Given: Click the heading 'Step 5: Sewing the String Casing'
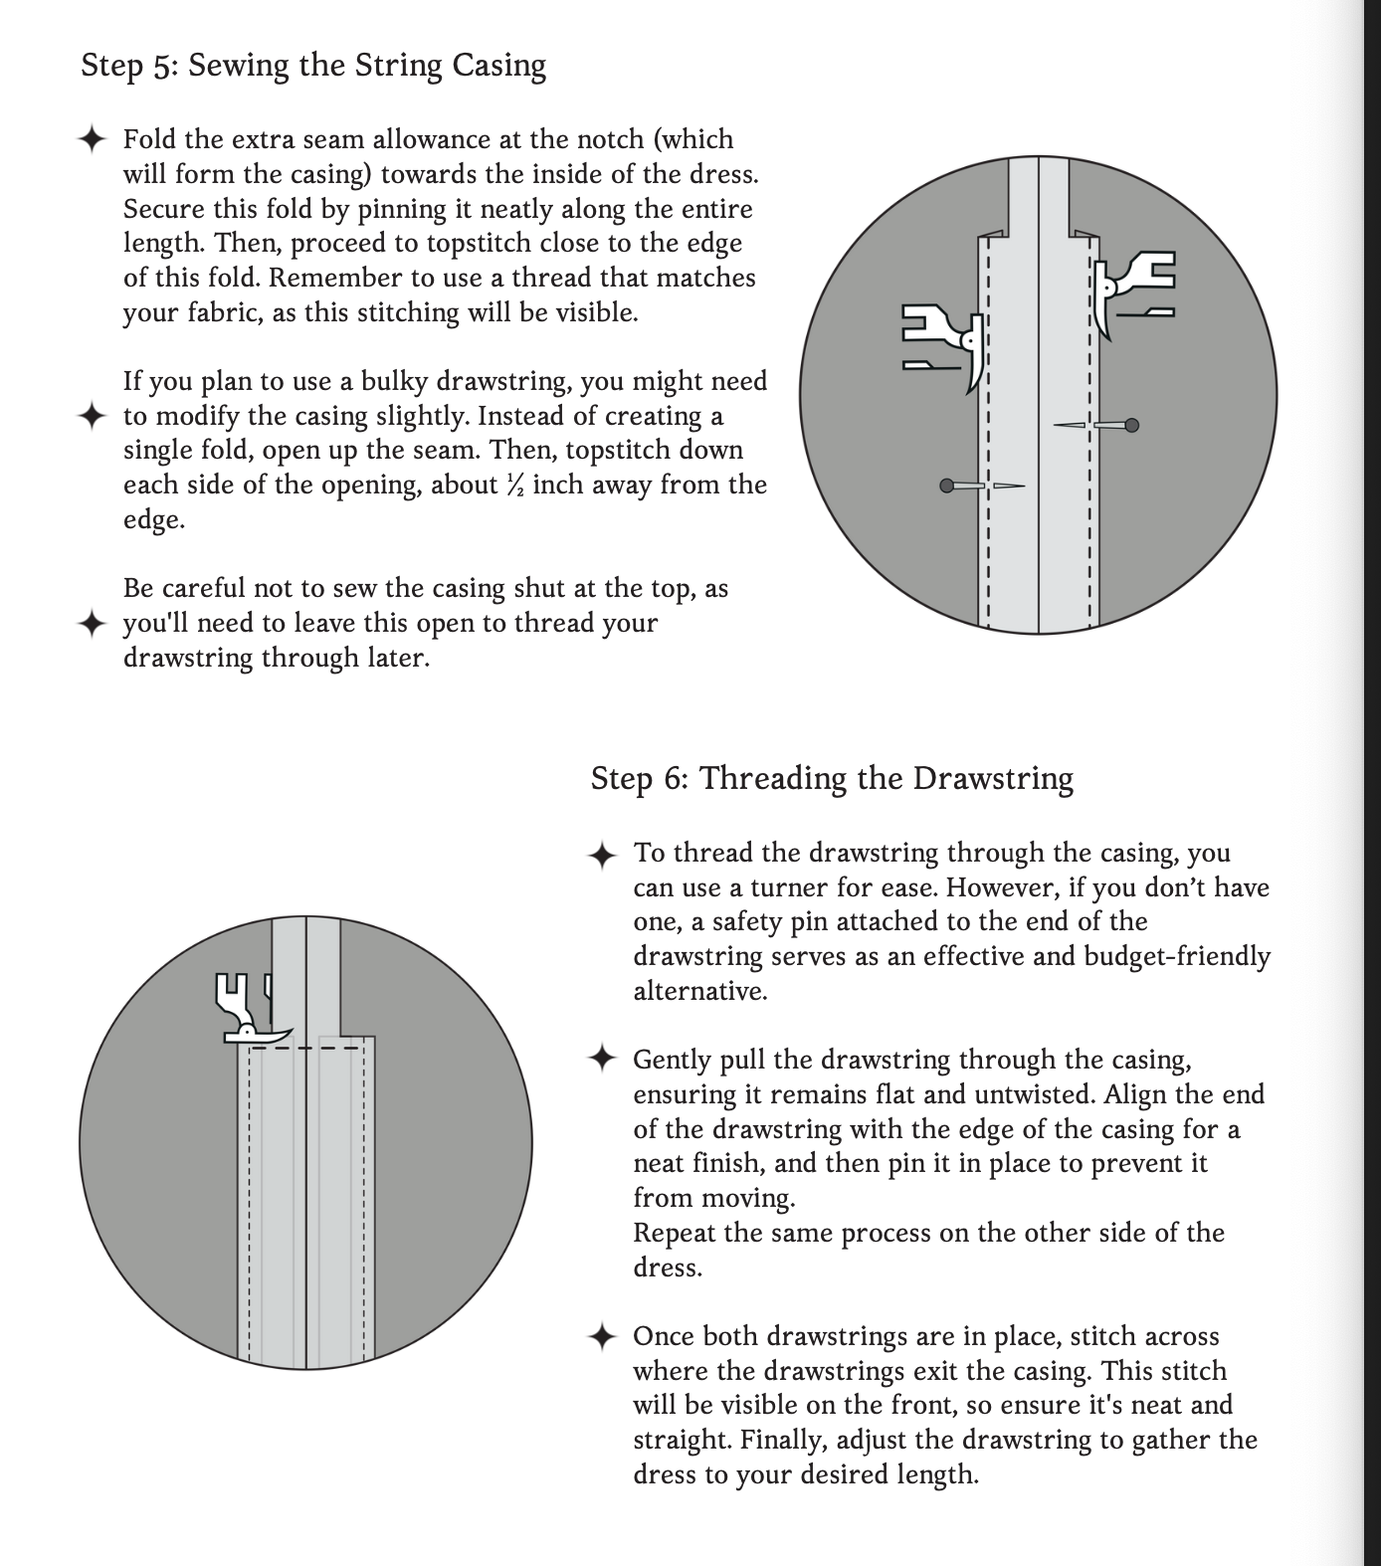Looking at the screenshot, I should [x=313, y=66].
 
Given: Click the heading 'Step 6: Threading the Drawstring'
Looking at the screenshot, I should [x=832, y=778].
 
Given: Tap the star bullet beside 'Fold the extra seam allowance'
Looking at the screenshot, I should [x=92, y=139].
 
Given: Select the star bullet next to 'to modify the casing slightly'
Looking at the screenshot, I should [x=92, y=416].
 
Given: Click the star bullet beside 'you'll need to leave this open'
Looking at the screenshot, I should [x=92, y=624].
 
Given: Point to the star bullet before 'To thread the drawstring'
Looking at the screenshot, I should [x=602, y=855].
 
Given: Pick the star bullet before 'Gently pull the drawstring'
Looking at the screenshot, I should [x=602, y=1059].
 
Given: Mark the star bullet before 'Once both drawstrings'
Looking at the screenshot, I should [x=602, y=1336].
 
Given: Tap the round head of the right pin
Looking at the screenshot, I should [x=1131, y=426].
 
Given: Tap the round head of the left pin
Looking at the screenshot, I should [x=947, y=486].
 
